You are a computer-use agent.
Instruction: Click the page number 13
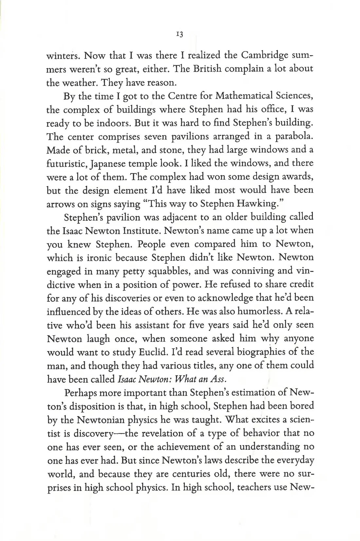(180, 34)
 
